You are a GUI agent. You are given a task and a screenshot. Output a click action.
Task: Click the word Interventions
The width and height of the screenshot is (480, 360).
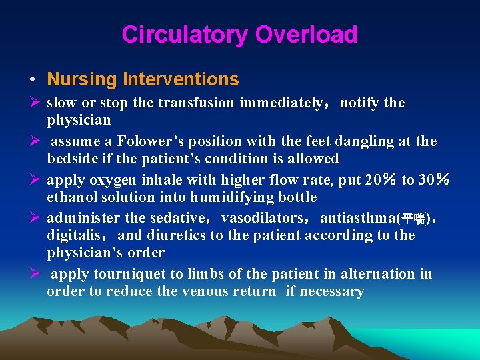(x=181, y=79)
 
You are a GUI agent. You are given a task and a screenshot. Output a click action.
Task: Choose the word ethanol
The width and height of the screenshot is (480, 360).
(x=70, y=197)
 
